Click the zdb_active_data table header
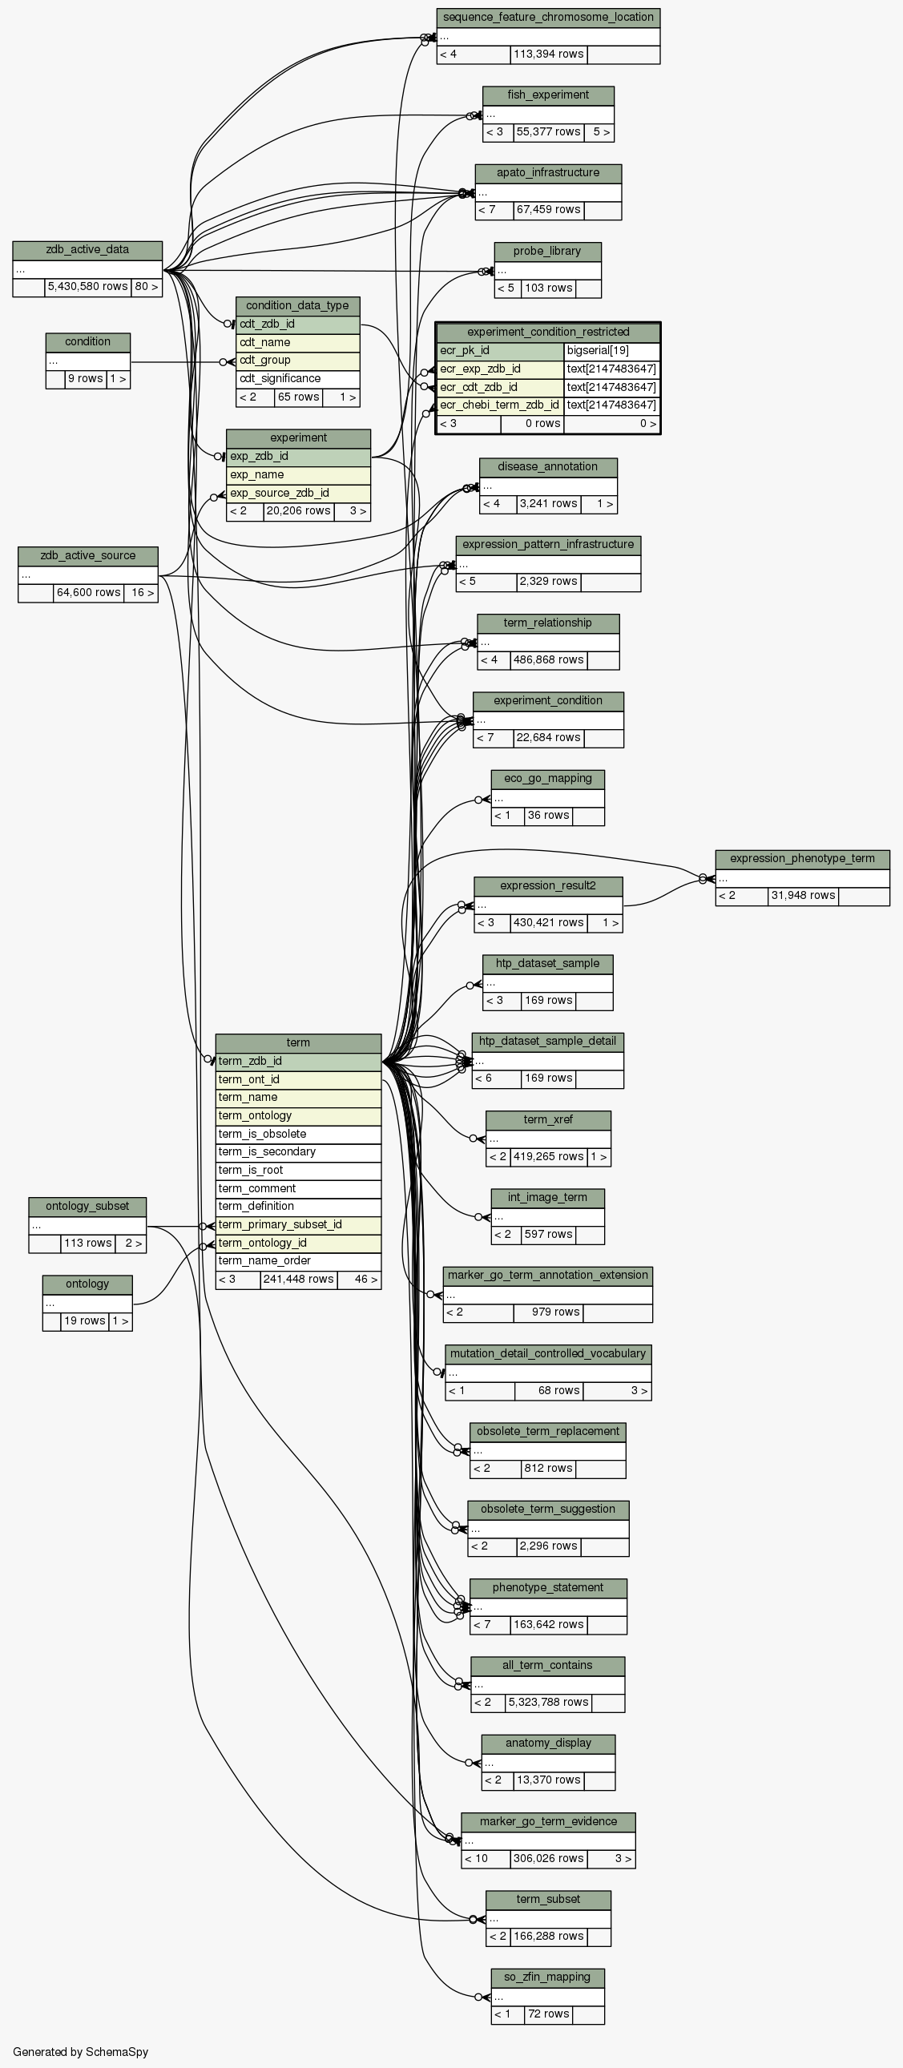tap(87, 250)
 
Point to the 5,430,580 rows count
tap(87, 287)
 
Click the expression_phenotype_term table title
tap(803, 858)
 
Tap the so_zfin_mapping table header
tap(548, 1977)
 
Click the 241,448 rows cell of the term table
tap(299, 1280)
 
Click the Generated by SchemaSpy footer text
tap(80, 2052)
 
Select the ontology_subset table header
tap(87, 1206)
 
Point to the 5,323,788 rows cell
tap(548, 1702)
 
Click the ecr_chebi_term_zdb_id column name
tap(500, 405)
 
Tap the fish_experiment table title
tap(548, 95)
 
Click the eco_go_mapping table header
tap(548, 778)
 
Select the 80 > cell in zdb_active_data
tap(147, 287)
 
